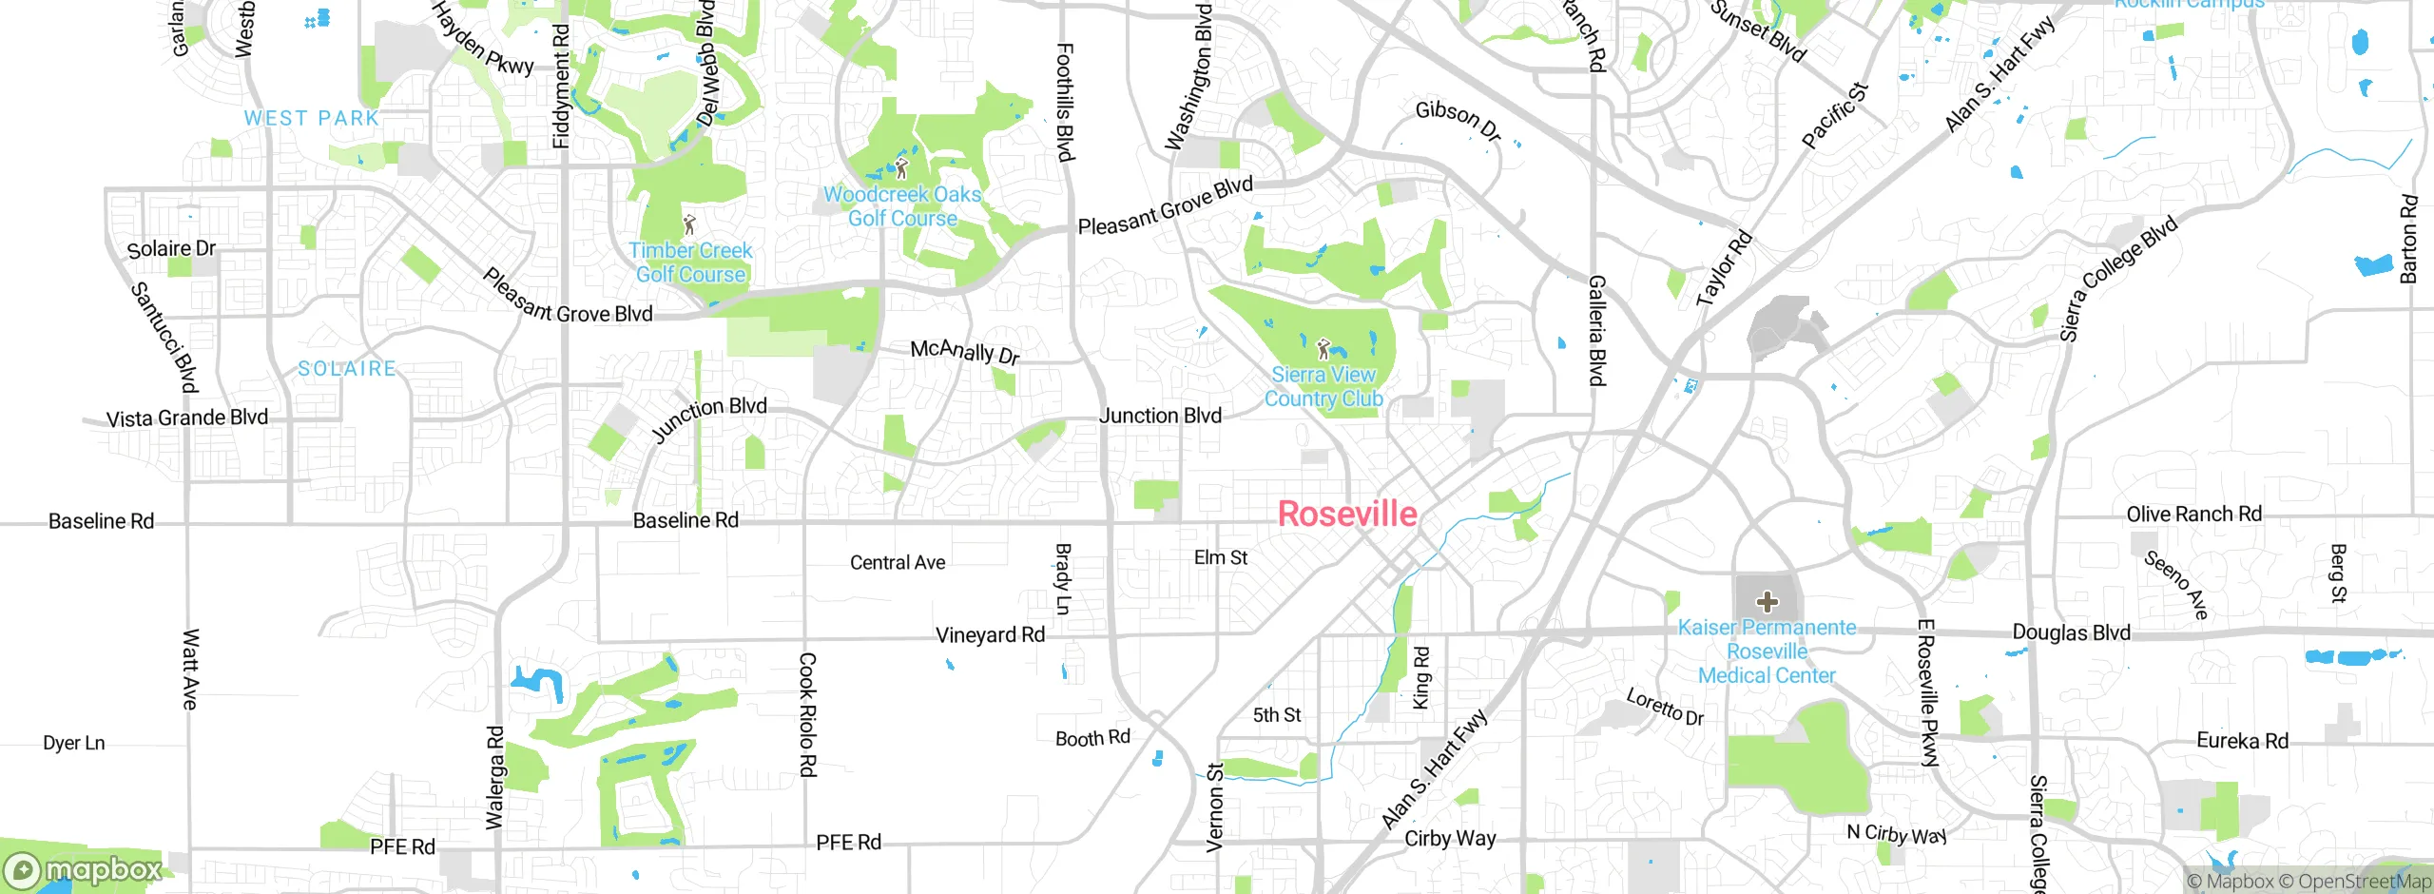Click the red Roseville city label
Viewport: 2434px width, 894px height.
point(1347,515)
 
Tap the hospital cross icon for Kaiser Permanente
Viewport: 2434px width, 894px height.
point(1768,602)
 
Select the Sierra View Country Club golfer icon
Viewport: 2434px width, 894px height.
point(1323,348)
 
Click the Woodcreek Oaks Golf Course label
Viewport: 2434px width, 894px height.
point(902,206)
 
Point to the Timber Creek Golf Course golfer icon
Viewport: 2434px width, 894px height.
point(690,225)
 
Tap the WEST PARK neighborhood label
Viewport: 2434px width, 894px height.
point(311,119)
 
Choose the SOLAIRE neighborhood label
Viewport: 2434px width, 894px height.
point(347,369)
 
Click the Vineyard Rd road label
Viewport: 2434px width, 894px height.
point(990,635)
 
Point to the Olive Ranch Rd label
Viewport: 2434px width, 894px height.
point(2193,515)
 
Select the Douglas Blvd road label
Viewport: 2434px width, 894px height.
point(2071,633)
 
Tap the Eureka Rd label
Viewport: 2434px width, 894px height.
point(2242,741)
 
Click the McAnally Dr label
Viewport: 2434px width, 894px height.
point(965,352)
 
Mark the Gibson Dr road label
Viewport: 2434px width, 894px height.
point(1458,120)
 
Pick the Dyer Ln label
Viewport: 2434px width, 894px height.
point(74,744)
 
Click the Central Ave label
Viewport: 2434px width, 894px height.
point(898,563)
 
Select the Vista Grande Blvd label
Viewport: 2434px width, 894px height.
point(187,418)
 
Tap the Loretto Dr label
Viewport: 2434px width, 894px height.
point(1665,708)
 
